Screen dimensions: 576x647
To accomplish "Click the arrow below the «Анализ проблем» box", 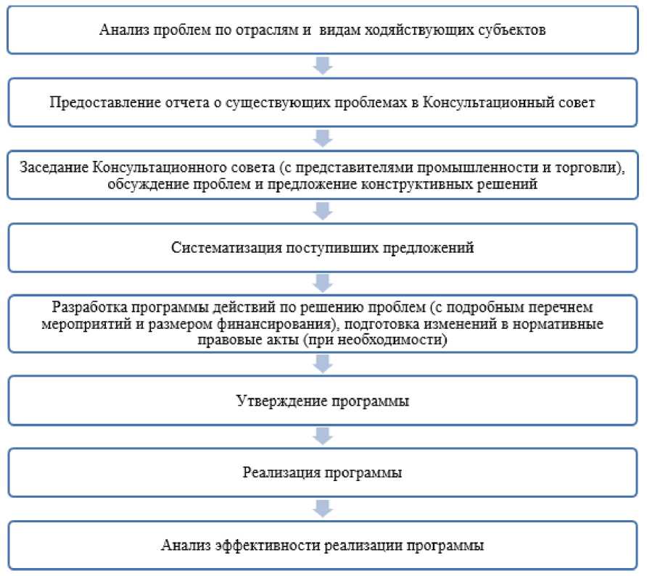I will [x=323, y=67].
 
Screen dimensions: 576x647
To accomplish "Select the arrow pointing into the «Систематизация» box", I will [x=323, y=212].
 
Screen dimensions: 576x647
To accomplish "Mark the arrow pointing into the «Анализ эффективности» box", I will [x=323, y=508].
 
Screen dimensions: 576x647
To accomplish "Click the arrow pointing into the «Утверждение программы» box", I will [x=323, y=364].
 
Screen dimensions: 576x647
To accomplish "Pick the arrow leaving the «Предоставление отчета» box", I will [x=323, y=137].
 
